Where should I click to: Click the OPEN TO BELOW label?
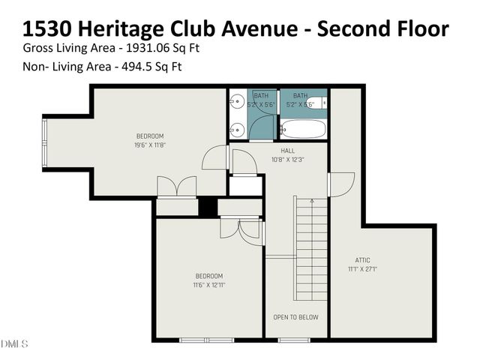295,317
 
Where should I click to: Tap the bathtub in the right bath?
303,128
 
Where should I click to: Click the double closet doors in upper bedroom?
176,187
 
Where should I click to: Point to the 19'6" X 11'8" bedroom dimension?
150,145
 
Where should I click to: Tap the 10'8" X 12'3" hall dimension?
288,158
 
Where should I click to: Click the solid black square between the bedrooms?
208,207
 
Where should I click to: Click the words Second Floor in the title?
382,28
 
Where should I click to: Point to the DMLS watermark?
14,344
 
